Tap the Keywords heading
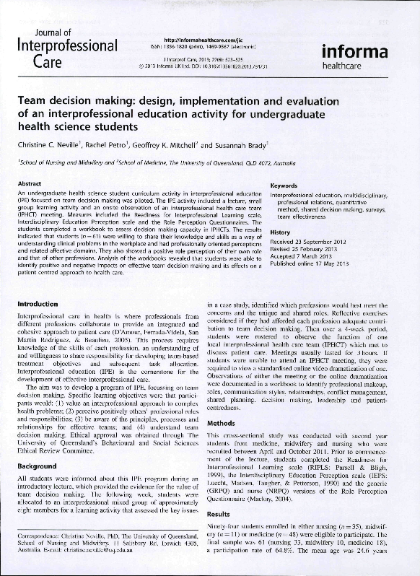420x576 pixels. (284, 186)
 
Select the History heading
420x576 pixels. (280, 232)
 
